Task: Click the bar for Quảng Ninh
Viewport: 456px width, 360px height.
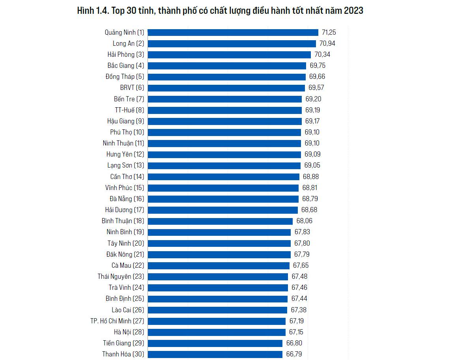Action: point(233,32)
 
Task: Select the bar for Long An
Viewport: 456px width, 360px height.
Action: point(232,43)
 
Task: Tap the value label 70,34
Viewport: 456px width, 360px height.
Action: point(322,54)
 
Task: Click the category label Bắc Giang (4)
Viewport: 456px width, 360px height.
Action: point(126,65)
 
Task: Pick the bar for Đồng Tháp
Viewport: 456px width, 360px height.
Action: point(226,76)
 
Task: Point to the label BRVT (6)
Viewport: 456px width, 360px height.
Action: point(132,88)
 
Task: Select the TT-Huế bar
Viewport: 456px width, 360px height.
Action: point(224,110)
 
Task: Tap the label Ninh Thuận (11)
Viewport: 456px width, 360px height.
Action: point(123,143)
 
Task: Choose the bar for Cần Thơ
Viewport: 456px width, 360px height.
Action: point(223,177)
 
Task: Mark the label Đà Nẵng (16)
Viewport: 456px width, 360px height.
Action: point(127,199)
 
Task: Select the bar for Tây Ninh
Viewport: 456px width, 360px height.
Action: point(219,243)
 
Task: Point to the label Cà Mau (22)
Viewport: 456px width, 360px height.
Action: point(128,265)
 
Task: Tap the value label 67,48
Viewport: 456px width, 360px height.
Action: point(299,276)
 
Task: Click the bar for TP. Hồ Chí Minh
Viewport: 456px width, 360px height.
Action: point(217,321)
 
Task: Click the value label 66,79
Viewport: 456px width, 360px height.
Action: point(294,354)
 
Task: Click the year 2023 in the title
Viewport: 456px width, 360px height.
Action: point(353,11)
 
